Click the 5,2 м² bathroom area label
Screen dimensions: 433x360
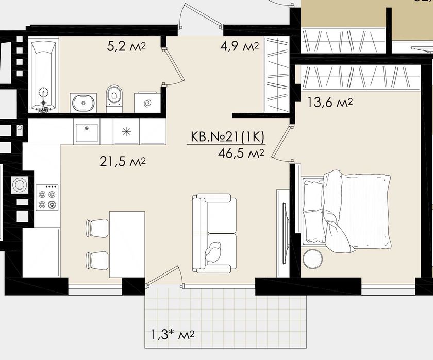(126, 47)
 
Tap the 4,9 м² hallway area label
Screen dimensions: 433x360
(239, 47)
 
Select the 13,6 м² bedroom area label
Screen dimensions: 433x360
(330, 103)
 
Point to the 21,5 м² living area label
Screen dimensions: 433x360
(123, 162)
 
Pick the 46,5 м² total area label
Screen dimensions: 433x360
(241, 153)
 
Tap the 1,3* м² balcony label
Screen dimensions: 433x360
(173, 335)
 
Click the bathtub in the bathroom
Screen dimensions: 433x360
(43, 76)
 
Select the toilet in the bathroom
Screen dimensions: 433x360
(114, 98)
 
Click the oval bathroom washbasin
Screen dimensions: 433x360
(83, 102)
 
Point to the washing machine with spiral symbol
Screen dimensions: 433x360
(147, 103)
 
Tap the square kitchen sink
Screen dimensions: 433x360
(87, 132)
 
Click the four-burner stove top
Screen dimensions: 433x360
(47, 198)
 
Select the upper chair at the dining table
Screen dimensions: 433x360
(97, 228)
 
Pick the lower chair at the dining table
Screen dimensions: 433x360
(97, 261)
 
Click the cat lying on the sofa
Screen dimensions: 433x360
(213, 252)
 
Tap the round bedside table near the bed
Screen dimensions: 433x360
(312, 259)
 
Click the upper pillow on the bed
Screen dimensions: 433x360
(313, 194)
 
